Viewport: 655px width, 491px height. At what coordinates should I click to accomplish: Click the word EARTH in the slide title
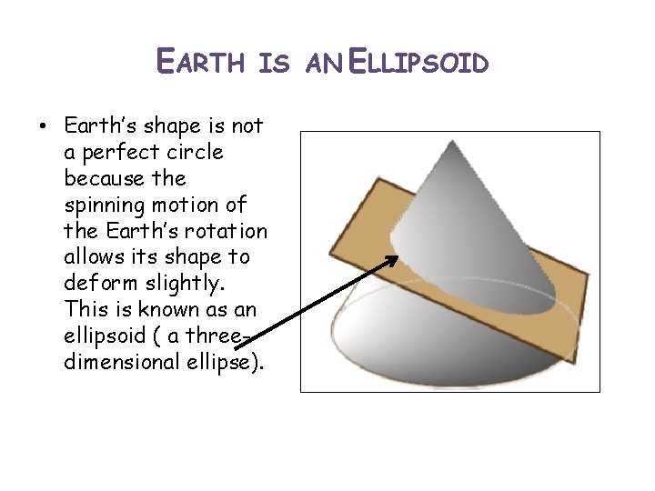(x=202, y=63)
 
